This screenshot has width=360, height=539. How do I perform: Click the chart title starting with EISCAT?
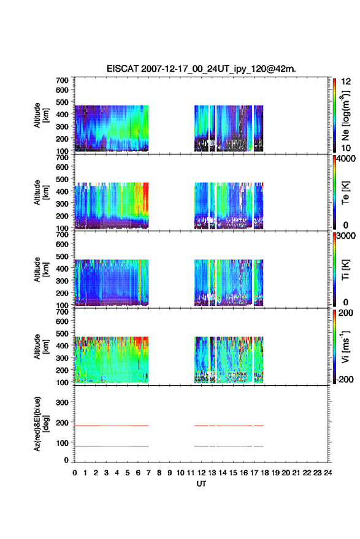point(201,69)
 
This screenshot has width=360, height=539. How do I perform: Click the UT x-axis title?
point(201,484)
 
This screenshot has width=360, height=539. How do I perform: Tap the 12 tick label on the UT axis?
point(201,473)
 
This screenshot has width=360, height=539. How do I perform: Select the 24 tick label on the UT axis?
point(327,473)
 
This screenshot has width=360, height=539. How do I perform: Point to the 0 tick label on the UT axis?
point(75,473)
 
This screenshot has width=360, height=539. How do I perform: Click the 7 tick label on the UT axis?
point(148,473)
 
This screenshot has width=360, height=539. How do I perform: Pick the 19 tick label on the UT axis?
point(275,473)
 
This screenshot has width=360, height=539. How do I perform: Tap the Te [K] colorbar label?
point(345,193)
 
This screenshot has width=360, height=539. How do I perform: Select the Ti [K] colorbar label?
point(345,270)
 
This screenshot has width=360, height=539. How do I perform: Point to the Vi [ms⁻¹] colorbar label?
point(345,346)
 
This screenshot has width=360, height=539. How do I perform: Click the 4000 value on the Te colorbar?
point(347,159)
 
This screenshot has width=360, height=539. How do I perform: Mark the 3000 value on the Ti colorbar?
point(347,236)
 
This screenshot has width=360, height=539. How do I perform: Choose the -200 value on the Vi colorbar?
point(345,379)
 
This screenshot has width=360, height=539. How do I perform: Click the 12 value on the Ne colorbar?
point(346,82)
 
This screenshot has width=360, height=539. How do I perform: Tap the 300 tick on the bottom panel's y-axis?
point(62,402)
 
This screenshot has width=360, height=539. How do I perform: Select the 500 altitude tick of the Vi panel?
point(62,333)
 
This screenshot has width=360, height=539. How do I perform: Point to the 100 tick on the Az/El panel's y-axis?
point(62,443)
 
